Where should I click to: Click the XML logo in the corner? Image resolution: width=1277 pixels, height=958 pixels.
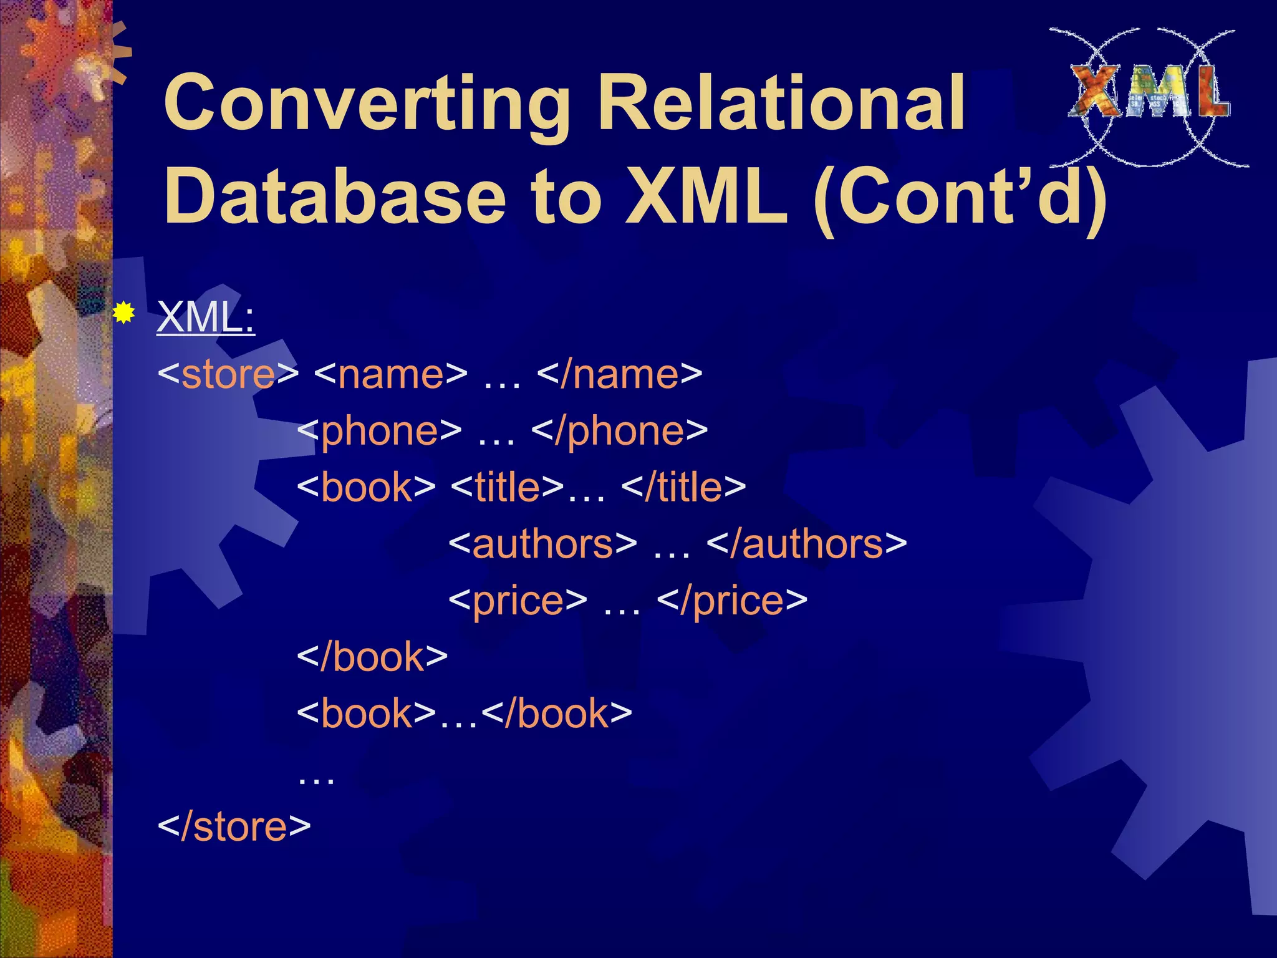coord(1149,97)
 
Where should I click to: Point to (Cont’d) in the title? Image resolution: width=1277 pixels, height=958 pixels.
coord(961,198)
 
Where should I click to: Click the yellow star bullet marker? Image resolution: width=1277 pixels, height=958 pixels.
coord(124,312)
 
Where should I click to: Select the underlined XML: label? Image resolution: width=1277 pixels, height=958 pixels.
coord(206,317)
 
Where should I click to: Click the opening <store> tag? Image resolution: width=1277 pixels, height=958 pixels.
coord(228,374)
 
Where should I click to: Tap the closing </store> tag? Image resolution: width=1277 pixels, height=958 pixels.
coord(234,826)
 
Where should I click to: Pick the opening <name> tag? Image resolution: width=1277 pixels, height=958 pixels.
coord(390,374)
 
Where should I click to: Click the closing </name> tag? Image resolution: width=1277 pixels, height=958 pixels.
coord(619,374)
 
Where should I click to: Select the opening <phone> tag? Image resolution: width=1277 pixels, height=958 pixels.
coord(379,431)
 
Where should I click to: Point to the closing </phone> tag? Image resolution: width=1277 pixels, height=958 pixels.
coord(620,431)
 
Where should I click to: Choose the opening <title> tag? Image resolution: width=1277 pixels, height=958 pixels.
coord(506,487)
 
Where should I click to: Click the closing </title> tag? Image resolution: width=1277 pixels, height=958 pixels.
coord(683,487)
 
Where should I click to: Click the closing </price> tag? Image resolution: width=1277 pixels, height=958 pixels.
coord(732,601)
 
